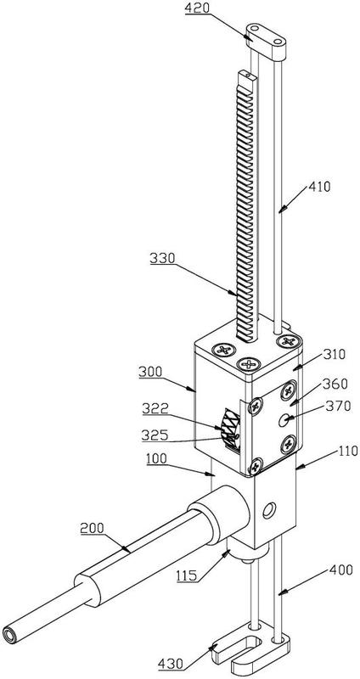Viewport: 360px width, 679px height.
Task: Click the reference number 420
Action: pos(198,8)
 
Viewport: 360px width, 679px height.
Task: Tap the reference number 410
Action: pos(319,187)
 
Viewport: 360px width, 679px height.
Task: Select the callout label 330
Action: pos(162,259)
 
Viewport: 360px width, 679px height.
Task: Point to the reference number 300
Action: pos(151,372)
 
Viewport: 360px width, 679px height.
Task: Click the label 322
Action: pos(155,408)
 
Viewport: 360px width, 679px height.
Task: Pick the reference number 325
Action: pos(154,435)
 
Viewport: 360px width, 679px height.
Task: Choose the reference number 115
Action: pos(188,575)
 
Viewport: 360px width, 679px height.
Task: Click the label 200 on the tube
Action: pos(92,528)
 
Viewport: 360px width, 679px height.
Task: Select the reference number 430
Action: pos(170,664)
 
